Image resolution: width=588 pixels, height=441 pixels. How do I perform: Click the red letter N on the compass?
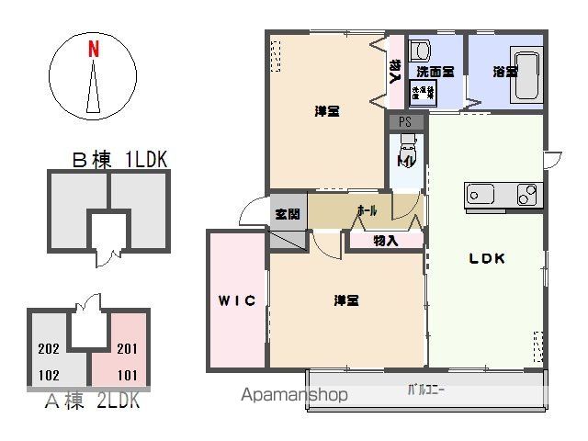[x=94, y=51]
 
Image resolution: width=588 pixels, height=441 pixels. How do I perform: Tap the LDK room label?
[x=487, y=258]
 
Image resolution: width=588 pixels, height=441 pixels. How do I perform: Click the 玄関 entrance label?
[x=287, y=214]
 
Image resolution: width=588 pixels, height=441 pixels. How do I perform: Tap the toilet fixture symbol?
[x=407, y=146]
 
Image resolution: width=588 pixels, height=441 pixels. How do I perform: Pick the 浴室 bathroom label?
[x=503, y=71]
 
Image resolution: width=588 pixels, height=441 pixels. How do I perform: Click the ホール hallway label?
[x=366, y=210]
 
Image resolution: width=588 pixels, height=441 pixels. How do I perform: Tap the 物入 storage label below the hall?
[x=386, y=241]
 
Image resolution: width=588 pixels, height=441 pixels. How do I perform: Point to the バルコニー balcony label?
[x=425, y=390]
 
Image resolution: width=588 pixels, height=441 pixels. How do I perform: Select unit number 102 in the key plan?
[x=50, y=374]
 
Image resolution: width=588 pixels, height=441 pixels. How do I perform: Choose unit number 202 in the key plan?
[x=50, y=348]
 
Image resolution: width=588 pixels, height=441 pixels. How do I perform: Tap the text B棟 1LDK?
[x=119, y=159]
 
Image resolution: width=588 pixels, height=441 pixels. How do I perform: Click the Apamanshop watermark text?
[x=294, y=396]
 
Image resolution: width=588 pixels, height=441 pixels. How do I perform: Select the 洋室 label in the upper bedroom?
[x=327, y=112]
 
